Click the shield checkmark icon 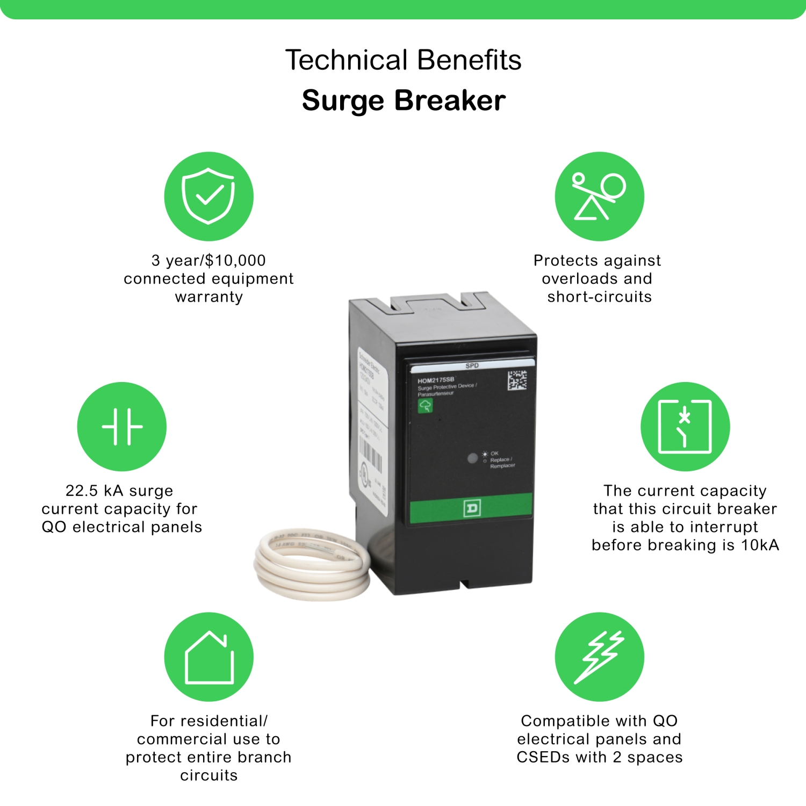[208, 196]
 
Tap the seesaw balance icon [599, 196]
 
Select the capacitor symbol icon [122, 427]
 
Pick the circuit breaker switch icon [685, 427]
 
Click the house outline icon [208, 657]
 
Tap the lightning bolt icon [599, 657]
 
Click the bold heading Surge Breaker [404, 100]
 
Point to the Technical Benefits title [403, 60]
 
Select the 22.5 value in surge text [82, 491]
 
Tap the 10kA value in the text [760, 545]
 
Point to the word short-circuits [599, 297]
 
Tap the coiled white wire [312, 564]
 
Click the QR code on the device [517, 380]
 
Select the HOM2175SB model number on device [436, 380]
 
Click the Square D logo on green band [471, 508]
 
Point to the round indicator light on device [472, 458]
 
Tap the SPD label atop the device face [472, 366]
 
